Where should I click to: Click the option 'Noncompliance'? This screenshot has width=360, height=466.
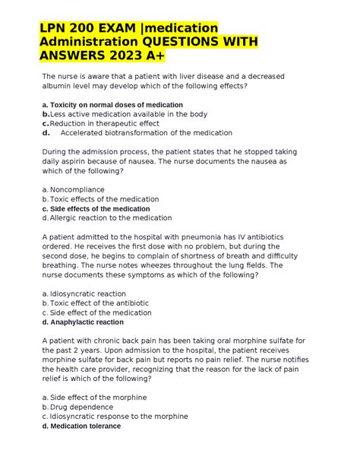[77, 189]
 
